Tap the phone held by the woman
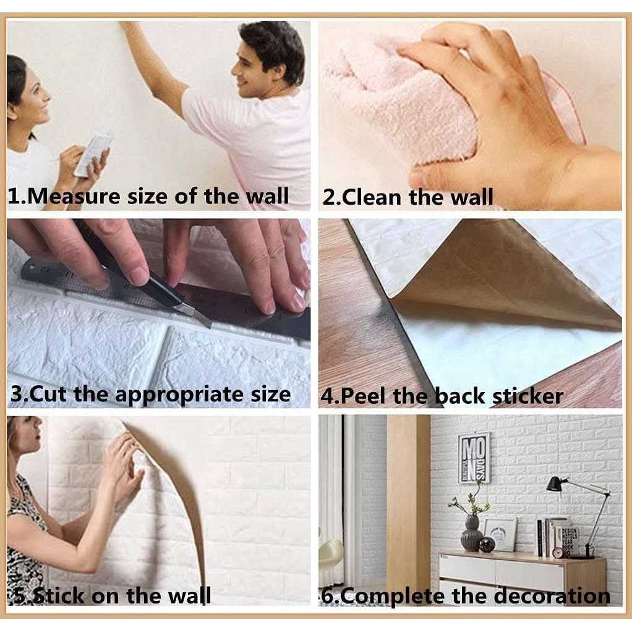point(93,154)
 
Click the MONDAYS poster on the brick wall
point(474,458)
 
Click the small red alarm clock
point(557,552)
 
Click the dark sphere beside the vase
point(487,544)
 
